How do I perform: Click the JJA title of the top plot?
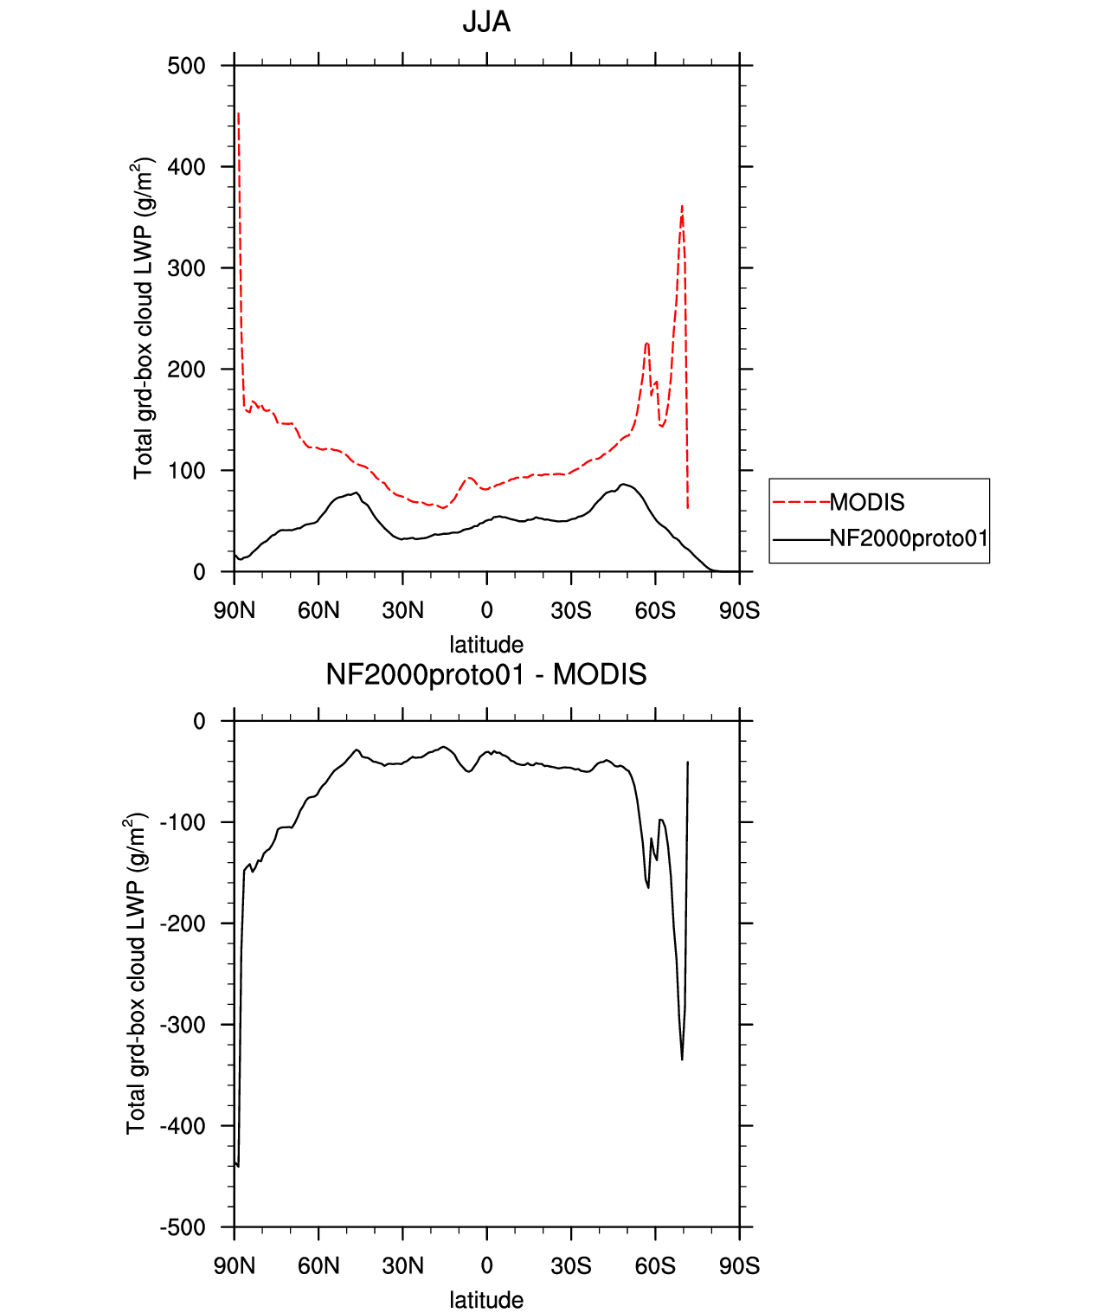(x=485, y=23)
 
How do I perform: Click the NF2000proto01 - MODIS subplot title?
(x=485, y=674)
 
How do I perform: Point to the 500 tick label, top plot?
(x=186, y=66)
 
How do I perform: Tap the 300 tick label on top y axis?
(x=186, y=268)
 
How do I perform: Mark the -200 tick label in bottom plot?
(x=183, y=924)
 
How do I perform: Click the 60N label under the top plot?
(x=318, y=611)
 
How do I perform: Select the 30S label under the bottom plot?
(x=571, y=1266)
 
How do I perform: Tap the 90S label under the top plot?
(x=739, y=611)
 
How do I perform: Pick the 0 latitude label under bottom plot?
(x=486, y=1266)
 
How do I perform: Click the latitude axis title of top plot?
(x=486, y=645)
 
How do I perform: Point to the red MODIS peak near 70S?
(x=682, y=207)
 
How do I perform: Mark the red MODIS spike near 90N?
(x=238, y=113)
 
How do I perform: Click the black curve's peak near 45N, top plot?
(x=357, y=492)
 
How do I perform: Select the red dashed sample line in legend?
(x=801, y=503)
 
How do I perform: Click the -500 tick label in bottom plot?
(x=183, y=1227)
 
